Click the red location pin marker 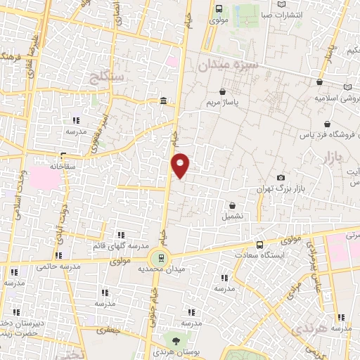point(181,165)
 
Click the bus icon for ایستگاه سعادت point(260,245)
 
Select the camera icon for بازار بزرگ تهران point(281,178)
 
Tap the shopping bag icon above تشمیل point(233,206)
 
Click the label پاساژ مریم point(224,103)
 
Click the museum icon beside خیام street point(163,102)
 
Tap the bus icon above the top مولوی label point(218,9)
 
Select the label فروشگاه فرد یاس point(328,133)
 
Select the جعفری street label point(108,328)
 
